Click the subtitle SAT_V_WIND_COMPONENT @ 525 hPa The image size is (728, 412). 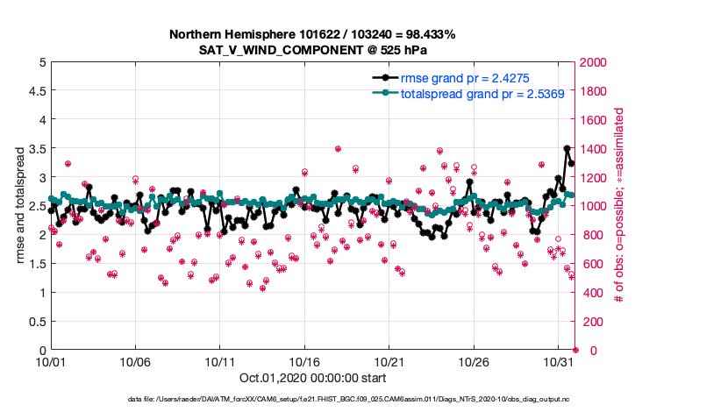(x=312, y=50)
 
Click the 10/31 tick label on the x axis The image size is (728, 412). (x=559, y=361)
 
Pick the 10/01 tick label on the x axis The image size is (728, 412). (x=51, y=361)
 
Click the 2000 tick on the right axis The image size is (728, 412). (x=596, y=62)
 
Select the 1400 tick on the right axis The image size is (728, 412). (x=596, y=149)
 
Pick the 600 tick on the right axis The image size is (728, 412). (x=592, y=264)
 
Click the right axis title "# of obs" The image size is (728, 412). (x=619, y=206)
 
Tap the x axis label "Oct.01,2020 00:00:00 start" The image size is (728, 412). (x=311, y=378)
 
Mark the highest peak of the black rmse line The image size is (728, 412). (x=567, y=149)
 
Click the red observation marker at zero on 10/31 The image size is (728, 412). (x=575, y=350)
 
